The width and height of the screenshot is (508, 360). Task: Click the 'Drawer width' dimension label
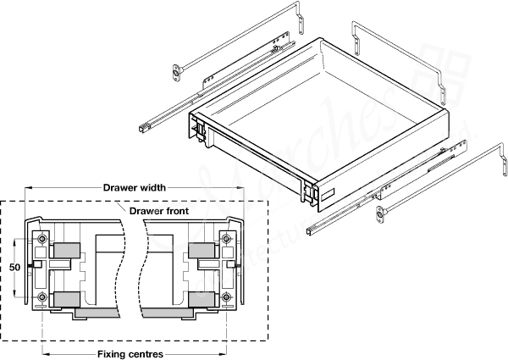pos(134,187)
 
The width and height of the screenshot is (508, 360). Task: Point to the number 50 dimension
pos(14,266)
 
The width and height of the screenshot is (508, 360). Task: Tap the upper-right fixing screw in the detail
pos(226,240)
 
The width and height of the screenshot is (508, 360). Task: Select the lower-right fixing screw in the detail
pos(226,296)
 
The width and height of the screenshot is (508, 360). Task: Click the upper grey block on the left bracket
pos(67,252)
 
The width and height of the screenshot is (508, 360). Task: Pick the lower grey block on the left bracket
pos(67,298)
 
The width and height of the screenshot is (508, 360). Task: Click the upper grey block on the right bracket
pos(202,252)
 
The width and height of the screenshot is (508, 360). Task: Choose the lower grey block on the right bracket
pos(202,298)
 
